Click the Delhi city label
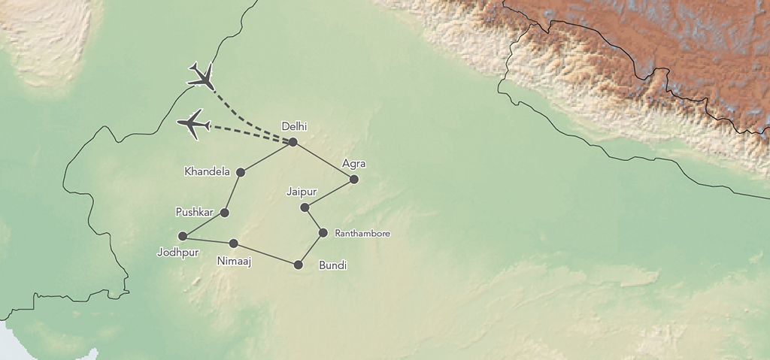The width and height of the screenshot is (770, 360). point(294,126)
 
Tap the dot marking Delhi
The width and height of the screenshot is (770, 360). point(293,142)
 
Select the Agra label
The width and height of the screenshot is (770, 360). point(353,163)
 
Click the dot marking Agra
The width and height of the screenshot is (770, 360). point(354,179)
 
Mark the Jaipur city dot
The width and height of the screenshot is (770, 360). point(305,207)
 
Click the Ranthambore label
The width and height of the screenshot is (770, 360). point(362,234)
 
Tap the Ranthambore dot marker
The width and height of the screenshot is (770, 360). point(323,233)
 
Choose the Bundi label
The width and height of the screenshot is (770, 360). point(332,265)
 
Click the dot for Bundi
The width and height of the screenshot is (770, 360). point(299,265)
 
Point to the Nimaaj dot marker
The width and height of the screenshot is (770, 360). point(234,244)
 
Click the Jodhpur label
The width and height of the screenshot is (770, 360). point(177,253)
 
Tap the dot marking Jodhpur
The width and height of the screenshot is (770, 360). point(182,236)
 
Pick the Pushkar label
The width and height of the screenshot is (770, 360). point(194,212)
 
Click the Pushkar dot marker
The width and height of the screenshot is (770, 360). point(224,213)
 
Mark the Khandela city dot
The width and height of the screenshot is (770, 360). point(241,172)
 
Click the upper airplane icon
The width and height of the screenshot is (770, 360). point(201,75)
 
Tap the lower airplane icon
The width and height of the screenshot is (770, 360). point(193,124)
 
